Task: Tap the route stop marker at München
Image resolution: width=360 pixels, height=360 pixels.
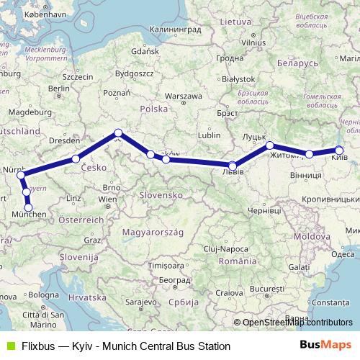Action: click(29, 208)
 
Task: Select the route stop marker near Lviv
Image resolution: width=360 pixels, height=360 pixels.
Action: click(233, 166)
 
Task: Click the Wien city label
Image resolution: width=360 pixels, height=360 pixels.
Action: click(107, 198)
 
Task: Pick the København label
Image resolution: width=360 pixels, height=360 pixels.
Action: click(27, 14)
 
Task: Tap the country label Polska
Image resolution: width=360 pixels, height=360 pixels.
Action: click(153, 109)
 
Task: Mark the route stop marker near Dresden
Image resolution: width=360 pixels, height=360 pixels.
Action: click(76, 159)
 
